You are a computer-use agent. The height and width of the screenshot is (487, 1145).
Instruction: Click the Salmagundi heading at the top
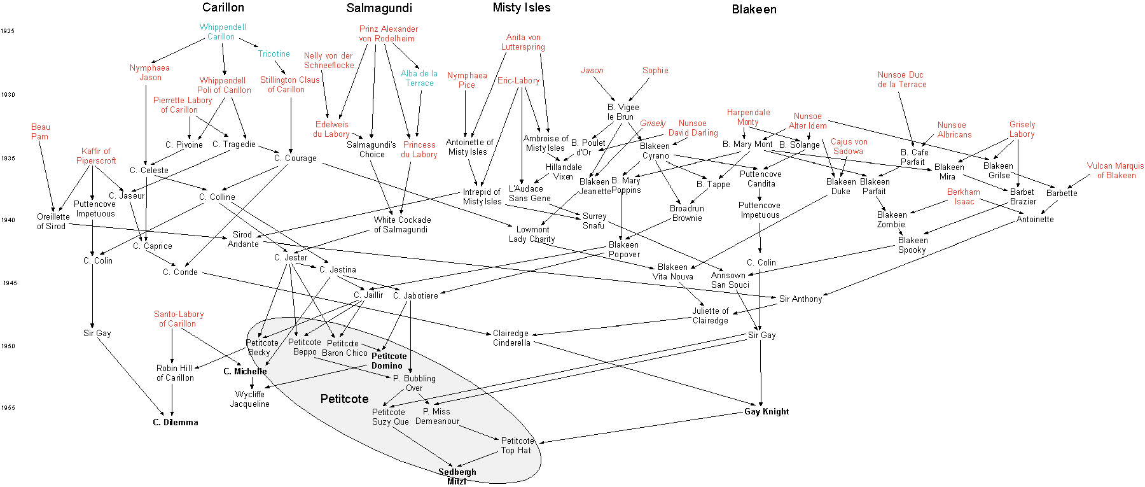(379, 8)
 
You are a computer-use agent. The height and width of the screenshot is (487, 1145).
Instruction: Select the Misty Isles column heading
(521, 8)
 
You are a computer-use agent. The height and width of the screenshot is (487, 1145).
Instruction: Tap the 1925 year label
(8, 31)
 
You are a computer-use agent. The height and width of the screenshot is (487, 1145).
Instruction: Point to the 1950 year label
(8, 346)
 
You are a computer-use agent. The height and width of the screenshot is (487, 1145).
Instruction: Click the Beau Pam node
(40, 132)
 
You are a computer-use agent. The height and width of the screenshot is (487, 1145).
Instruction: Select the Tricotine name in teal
(274, 54)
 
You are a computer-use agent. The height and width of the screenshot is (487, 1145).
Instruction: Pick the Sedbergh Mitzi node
(457, 476)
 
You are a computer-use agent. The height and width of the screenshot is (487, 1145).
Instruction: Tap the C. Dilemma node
(175, 422)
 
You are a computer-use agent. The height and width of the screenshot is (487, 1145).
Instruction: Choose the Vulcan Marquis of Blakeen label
(1115, 171)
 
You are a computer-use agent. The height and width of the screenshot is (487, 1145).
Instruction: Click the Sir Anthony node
(800, 299)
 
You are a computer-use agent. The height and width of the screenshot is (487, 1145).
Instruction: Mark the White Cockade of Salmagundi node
(402, 225)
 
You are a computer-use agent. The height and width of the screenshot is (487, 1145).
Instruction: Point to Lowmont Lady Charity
(532, 234)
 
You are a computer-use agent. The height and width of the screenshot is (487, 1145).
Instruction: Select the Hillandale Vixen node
(563, 172)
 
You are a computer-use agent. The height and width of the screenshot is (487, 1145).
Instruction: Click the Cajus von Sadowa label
(849, 146)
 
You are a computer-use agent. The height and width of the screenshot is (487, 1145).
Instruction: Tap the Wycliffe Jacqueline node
(249, 399)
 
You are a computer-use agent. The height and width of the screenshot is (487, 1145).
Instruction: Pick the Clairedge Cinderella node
(511, 338)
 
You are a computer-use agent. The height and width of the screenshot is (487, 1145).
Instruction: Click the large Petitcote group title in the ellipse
(344, 399)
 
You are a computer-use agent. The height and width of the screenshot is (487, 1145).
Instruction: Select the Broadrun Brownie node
(686, 213)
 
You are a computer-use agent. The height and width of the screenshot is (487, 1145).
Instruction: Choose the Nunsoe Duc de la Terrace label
(901, 80)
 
